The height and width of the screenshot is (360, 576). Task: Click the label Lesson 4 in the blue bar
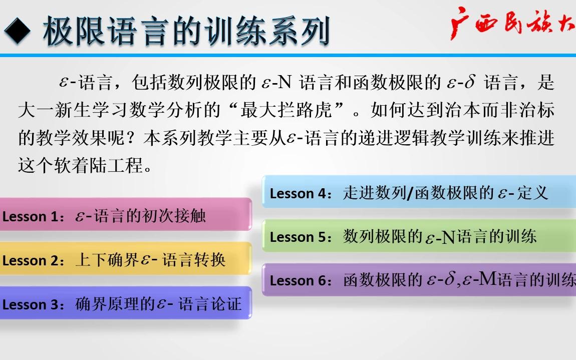[299, 194]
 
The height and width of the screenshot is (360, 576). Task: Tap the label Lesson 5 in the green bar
[299, 237]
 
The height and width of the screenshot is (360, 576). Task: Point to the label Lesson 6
[299, 281]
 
